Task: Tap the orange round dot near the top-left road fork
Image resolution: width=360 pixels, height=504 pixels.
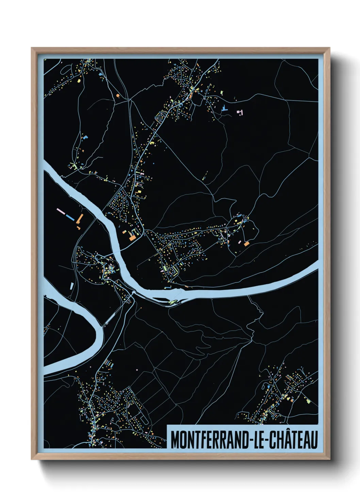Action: [118, 96]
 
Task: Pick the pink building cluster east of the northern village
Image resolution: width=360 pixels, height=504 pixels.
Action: [241, 112]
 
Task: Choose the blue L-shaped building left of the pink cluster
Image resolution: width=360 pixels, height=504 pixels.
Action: [224, 109]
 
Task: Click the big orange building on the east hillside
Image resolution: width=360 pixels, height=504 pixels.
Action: [246, 244]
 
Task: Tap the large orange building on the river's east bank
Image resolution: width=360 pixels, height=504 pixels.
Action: [132, 238]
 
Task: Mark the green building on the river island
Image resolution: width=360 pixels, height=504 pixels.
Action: [171, 301]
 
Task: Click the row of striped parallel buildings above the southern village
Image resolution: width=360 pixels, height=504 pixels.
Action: [109, 364]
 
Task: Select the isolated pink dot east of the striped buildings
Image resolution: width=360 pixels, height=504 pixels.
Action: [137, 369]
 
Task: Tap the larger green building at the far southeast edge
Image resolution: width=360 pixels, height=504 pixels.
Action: [308, 401]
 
